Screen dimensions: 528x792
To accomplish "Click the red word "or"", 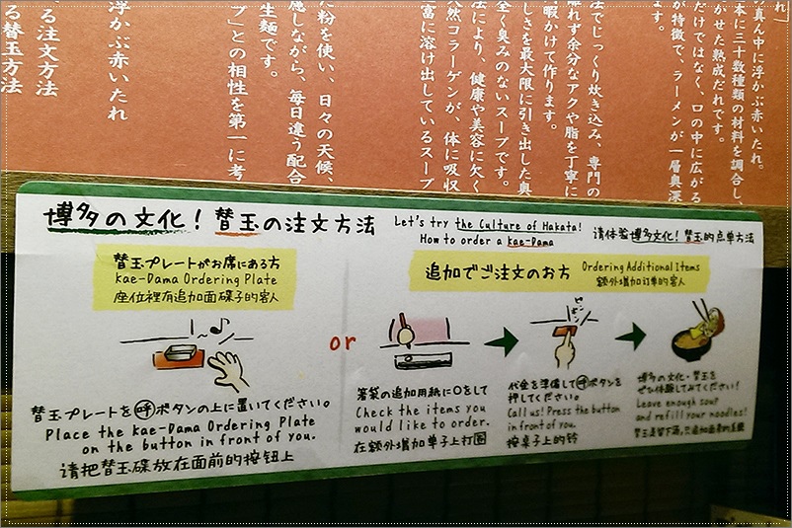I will coord(343,342).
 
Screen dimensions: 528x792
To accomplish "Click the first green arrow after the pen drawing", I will coord(501,342).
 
